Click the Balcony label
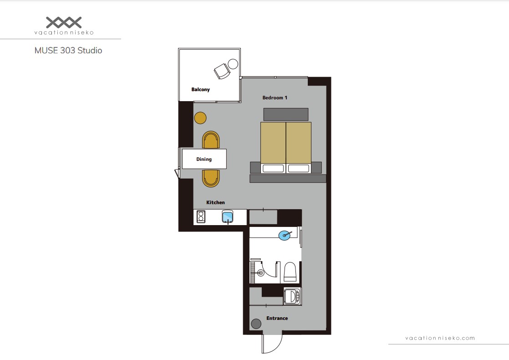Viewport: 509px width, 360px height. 200,89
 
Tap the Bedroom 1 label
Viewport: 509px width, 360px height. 275,98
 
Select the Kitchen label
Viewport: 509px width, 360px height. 215,202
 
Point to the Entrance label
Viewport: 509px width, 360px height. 277,318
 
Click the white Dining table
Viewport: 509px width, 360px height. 204,159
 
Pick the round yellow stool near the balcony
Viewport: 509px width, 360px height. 200,118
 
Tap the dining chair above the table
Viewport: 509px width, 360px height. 211,140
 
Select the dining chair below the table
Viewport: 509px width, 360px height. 211,178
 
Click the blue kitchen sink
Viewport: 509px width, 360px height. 227,217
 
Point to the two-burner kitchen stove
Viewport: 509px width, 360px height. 201,217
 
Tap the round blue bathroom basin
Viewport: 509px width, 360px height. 285,235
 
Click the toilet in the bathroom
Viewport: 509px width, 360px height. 290,272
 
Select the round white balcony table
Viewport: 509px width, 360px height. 233,64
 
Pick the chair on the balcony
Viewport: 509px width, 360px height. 222,72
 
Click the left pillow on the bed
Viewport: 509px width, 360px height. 273,168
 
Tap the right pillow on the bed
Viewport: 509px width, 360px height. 299,168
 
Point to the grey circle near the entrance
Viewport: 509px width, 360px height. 256,324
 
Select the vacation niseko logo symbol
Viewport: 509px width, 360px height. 64,22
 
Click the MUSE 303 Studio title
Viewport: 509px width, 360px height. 68,51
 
